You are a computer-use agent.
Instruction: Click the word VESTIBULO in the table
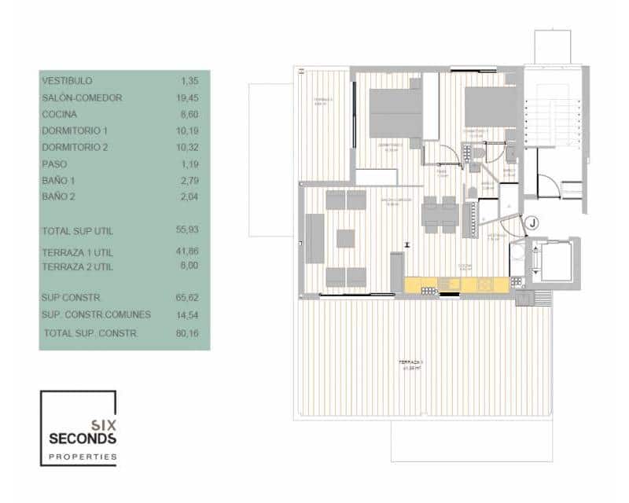coord(67,81)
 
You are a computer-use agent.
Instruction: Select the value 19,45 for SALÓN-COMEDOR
coord(188,98)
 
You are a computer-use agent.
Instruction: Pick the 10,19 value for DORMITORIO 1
coord(188,130)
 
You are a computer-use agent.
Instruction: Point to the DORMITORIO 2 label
coord(75,148)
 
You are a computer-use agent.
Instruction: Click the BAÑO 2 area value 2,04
coord(190,196)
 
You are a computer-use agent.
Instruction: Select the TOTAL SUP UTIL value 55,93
coord(188,229)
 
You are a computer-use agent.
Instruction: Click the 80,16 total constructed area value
coord(188,333)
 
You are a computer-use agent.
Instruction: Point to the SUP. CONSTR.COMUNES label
coord(96,314)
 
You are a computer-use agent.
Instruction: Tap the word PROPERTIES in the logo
coord(83,456)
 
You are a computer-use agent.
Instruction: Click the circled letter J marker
coord(533,222)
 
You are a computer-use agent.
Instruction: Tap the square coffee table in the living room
coord(347,237)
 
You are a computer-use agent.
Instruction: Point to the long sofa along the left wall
coord(316,239)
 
